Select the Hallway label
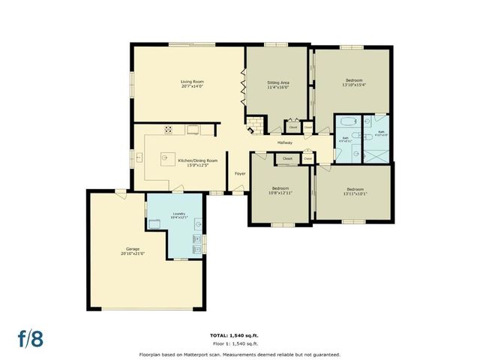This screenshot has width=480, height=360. pyautogui.click(x=284, y=142)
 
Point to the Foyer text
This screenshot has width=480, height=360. pyautogui.click(x=240, y=173)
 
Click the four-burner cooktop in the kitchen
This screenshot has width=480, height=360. pyautogui.click(x=169, y=129)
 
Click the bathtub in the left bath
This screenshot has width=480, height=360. pyautogui.click(x=347, y=123)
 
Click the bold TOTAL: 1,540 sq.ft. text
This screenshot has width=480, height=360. pyautogui.click(x=239, y=334)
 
